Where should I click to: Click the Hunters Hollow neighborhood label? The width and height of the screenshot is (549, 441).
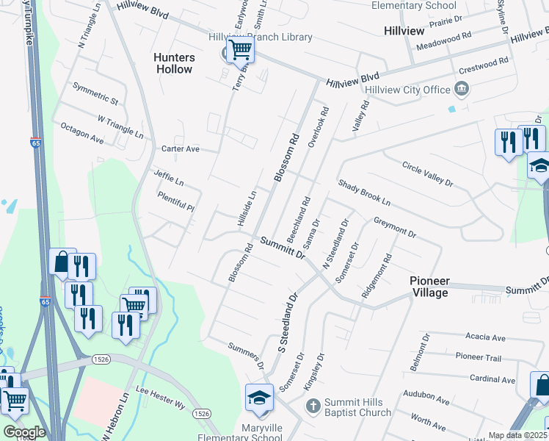(x=174, y=63)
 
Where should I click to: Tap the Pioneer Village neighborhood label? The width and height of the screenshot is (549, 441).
(x=429, y=287)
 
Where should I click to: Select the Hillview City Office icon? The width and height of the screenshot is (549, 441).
(x=462, y=90)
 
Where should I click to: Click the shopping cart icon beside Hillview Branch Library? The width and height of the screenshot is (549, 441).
(x=240, y=50)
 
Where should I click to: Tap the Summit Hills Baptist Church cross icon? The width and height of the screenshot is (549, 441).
(x=313, y=406)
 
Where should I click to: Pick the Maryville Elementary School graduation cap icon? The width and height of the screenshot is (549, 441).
(x=259, y=398)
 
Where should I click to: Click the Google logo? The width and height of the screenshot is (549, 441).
(x=23, y=432)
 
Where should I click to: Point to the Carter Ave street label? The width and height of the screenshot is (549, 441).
(x=181, y=148)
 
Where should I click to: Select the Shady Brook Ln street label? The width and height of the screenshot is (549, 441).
(x=363, y=193)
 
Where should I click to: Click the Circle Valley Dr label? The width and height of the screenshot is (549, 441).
(x=428, y=173)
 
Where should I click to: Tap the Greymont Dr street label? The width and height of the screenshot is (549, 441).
(x=395, y=226)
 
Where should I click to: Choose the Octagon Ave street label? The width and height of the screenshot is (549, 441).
(x=82, y=132)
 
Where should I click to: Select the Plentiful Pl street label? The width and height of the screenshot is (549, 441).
(x=176, y=202)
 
